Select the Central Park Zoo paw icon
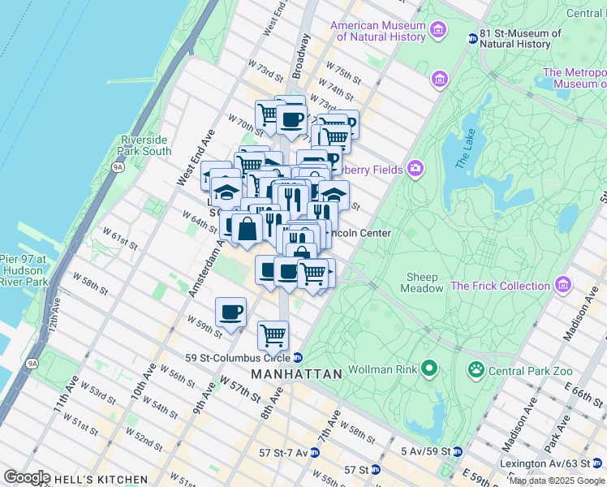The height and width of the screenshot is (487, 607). click(476, 370)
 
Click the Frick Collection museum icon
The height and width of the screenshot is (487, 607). click(562, 285)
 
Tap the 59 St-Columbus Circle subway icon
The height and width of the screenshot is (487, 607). click(298, 357)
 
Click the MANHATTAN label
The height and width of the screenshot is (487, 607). click(296, 374)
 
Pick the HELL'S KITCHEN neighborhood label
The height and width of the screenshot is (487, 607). click(98, 480)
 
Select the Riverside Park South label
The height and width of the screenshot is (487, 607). click(144, 145)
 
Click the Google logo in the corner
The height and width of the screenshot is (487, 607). click(27, 477)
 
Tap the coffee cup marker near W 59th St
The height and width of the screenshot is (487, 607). click(231, 312)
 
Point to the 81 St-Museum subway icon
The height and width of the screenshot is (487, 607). click(473, 37)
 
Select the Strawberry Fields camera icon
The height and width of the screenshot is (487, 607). click(415, 169)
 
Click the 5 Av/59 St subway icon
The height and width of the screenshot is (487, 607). click(457, 451)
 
